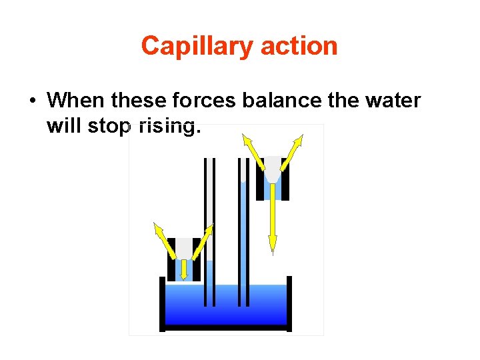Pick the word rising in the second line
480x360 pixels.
click(167, 125)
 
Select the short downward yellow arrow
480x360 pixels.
click(183, 268)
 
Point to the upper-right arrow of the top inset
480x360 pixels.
click(293, 149)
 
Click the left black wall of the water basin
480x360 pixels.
click(162, 303)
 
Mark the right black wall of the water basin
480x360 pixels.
click(289, 303)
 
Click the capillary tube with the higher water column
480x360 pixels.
click(243, 233)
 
